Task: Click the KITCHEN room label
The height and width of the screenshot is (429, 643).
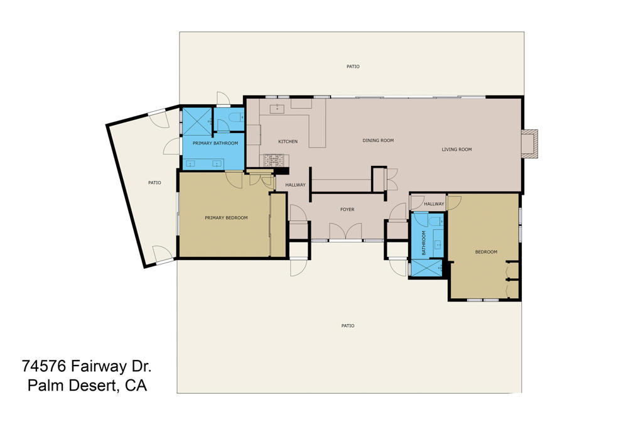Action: click(288, 141)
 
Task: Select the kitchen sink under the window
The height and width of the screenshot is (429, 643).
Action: click(277, 109)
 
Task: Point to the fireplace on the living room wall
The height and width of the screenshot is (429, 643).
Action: click(529, 143)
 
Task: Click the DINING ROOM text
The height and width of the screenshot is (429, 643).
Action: click(378, 141)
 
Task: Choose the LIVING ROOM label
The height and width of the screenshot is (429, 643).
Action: click(457, 149)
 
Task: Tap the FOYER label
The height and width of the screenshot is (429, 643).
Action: click(348, 209)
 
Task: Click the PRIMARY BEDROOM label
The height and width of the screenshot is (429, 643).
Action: click(226, 218)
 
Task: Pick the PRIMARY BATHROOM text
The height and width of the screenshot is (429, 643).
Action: click(215, 143)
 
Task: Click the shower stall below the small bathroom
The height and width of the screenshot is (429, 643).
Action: click(426, 268)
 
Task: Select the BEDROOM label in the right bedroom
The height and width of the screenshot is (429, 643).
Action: click(485, 252)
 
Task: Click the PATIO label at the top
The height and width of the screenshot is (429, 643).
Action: click(354, 66)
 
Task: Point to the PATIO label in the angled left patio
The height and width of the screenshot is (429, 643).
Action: click(154, 183)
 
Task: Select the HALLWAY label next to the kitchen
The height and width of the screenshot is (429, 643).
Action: click(295, 185)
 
